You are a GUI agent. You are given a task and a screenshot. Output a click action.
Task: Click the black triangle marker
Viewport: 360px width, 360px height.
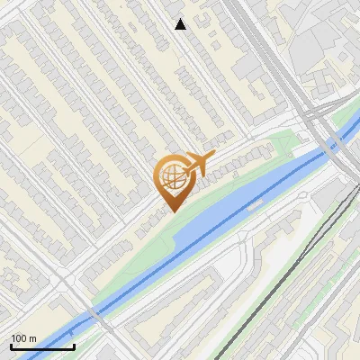click(x=181, y=24)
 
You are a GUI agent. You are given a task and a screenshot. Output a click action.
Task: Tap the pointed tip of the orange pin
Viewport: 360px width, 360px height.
click(x=171, y=210)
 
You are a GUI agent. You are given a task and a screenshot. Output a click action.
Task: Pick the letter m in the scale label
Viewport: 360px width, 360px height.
click(x=33, y=338)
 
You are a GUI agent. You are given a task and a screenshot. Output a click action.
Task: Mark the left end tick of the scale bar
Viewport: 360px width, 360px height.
click(x=11, y=346)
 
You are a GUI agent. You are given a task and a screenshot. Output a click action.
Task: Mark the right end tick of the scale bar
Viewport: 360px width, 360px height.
click(x=75, y=346)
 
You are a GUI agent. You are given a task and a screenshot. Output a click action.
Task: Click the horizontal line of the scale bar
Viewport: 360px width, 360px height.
click(x=42, y=347)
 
